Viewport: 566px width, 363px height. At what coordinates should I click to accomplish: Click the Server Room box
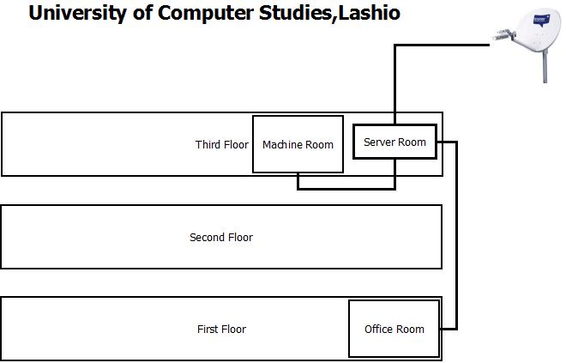click(394, 142)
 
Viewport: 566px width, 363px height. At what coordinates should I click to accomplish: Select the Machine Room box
click(298, 143)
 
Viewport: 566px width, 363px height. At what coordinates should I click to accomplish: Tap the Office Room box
click(394, 329)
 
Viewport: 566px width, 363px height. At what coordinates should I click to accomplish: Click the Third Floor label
click(221, 144)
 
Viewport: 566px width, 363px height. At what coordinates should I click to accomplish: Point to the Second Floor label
click(221, 237)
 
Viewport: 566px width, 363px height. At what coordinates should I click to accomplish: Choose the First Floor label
click(221, 329)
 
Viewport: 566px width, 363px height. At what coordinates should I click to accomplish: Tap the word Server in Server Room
click(378, 142)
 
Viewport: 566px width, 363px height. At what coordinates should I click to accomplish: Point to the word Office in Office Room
click(378, 329)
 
